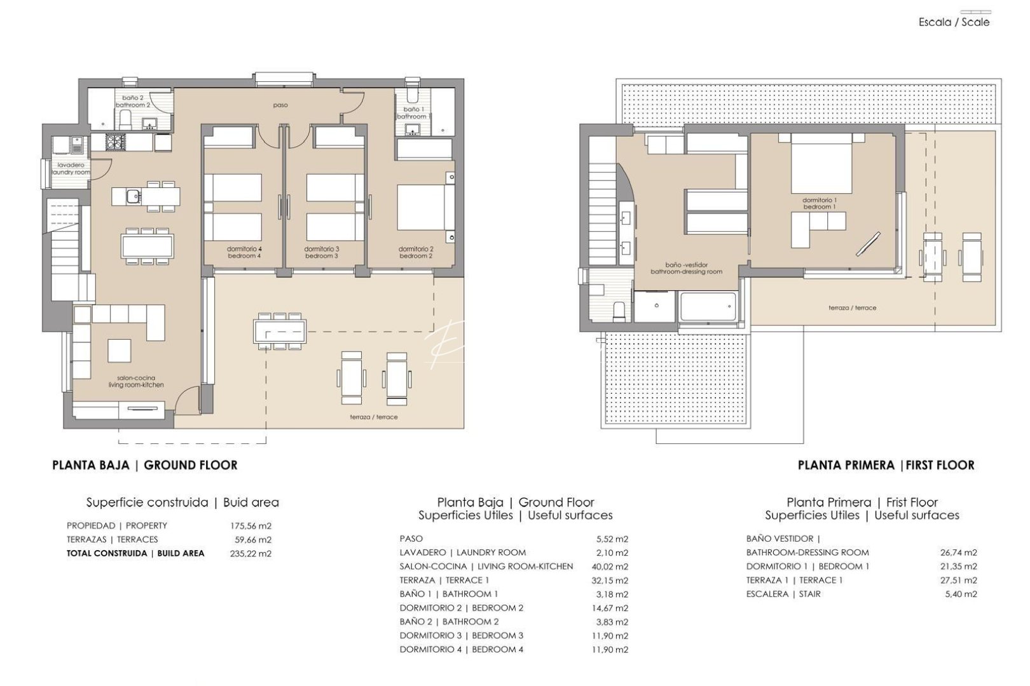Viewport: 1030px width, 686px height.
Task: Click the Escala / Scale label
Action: click(x=954, y=22)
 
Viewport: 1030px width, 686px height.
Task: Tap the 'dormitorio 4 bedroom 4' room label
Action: click(x=244, y=252)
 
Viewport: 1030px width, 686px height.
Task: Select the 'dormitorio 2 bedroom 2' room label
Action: click(x=416, y=252)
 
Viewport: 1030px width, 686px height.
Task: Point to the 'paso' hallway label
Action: click(x=280, y=105)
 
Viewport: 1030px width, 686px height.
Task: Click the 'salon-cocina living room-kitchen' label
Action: click(x=136, y=381)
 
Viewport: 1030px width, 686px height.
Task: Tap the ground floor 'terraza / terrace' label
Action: click(x=373, y=417)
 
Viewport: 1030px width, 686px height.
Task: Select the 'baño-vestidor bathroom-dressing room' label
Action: click(x=686, y=268)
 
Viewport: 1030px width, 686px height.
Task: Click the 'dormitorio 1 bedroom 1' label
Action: click(x=819, y=203)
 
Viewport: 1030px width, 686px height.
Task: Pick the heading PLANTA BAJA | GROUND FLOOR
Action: click(x=145, y=465)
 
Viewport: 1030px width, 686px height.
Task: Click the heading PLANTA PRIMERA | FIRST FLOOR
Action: click(x=886, y=465)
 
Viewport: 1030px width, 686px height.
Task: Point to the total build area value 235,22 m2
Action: click(x=251, y=553)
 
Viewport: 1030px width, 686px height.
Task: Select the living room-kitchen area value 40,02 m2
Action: click(x=609, y=567)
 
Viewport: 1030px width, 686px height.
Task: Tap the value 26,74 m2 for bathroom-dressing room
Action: click(x=958, y=553)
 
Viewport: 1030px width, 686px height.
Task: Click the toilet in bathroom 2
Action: click(x=126, y=119)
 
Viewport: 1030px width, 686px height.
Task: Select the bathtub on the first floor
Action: click(x=708, y=307)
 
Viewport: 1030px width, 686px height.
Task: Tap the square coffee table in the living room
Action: click(x=119, y=351)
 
